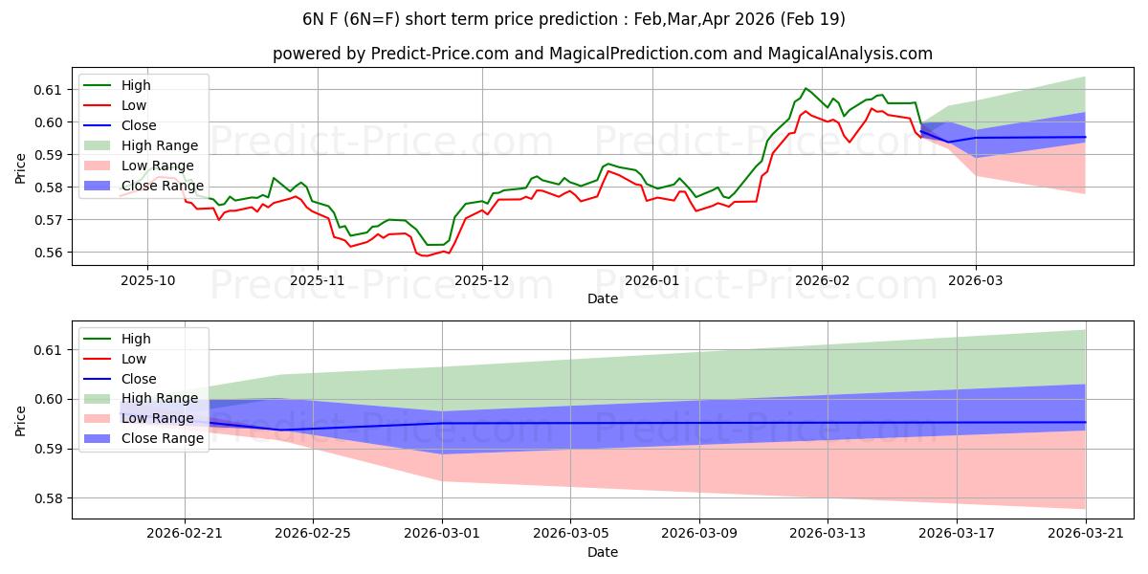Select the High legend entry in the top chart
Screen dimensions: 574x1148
tap(136, 85)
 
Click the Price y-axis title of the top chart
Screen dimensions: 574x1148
tap(20, 168)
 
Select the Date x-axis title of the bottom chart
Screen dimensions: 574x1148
tap(603, 552)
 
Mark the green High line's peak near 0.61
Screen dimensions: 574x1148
tap(806, 88)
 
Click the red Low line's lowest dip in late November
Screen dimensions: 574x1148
tap(424, 255)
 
